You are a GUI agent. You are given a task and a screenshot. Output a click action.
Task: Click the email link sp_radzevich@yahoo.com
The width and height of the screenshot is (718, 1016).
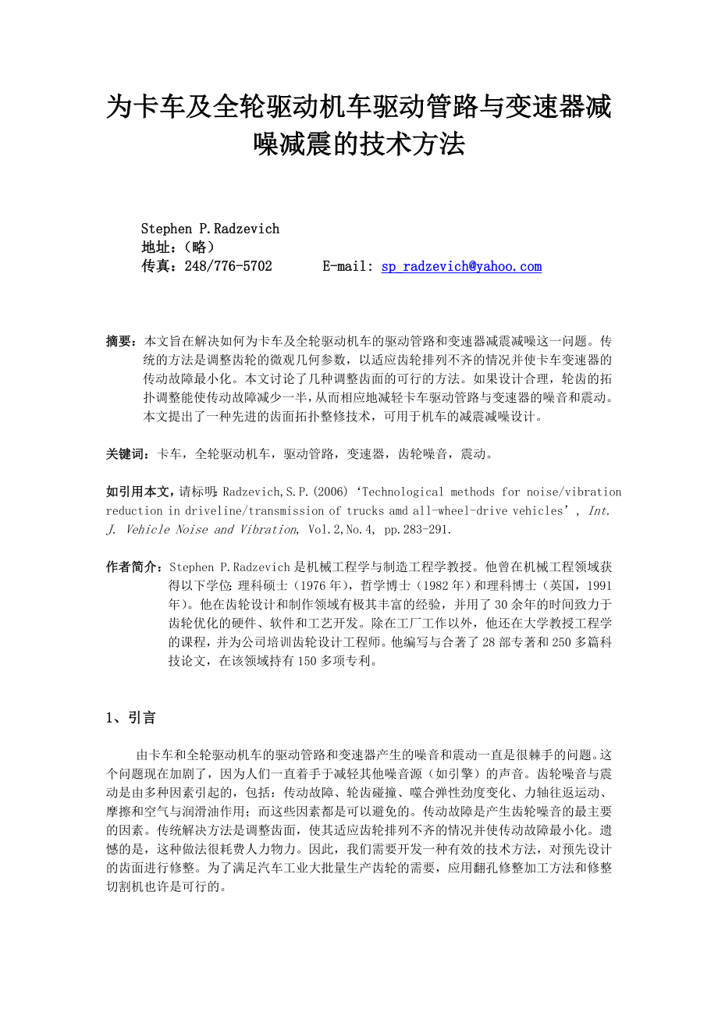pyautogui.click(x=461, y=267)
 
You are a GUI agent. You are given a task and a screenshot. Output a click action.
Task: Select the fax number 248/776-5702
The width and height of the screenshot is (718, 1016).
pyautogui.click(x=229, y=267)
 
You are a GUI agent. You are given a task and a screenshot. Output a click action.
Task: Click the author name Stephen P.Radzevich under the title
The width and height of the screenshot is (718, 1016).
pyautogui.click(x=210, y=229)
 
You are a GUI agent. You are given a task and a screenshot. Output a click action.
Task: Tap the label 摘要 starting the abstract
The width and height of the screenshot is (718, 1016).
pyautogui.click(x=121, y=342)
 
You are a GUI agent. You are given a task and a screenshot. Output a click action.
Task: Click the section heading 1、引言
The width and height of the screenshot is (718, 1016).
pyautogui.click(x=130, y=718)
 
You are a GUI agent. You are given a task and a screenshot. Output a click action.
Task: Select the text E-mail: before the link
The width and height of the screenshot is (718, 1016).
pyautogui.click(x=348, y=267)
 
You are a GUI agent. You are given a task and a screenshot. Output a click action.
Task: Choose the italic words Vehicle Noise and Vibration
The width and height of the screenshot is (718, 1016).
pyautogui.click(x=211, y=530)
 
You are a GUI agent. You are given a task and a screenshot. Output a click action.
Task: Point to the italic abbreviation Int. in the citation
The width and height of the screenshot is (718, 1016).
pyautogui.click(x=598, y=511)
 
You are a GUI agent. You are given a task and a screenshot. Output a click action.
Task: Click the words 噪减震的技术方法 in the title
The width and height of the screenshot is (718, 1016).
pyautogui.click(x=359, y=144)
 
